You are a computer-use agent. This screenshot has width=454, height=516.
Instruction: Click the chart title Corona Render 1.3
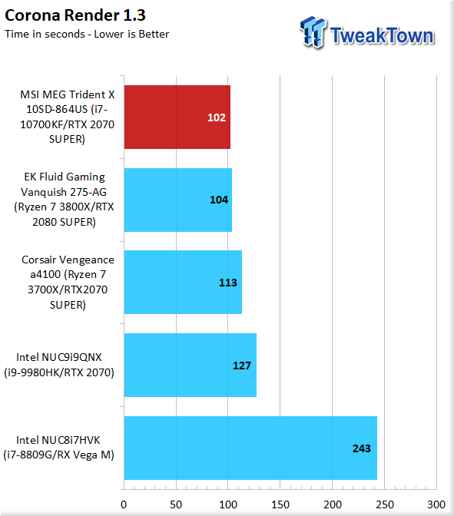pyautogui.click(x=75, y=15)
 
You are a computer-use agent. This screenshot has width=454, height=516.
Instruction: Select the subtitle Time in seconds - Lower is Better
pyautogui.click(x=87, y=34)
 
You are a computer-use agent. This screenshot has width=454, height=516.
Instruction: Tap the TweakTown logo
pyautogui.click(x=367, y=33)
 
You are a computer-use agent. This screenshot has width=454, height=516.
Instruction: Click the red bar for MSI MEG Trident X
pyautogui.click(x=177, y=117)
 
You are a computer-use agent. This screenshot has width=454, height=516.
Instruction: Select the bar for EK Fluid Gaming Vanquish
pyautogui.click(x=178, y=200)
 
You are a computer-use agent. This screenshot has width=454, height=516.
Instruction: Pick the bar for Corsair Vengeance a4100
pyautogui.click(x=183, y=283)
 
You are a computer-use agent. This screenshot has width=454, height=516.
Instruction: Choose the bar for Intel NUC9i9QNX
pyautogui.click(x=191, y=365)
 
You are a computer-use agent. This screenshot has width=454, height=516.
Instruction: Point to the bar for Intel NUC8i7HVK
pyautogui.click(x=250, y=448)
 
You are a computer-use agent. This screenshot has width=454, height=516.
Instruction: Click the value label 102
pyautogui.click(x=217, y=117)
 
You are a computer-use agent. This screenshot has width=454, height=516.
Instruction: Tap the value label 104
pyautogui.click(x=219, y=200)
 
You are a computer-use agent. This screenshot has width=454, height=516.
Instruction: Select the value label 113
pyautogui.click(x=228, y=283)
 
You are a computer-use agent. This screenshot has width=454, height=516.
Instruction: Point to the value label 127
pyautogui.click(x=242, y=365)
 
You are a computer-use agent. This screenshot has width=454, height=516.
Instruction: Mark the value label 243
pyautogui.click(x=362, y=448)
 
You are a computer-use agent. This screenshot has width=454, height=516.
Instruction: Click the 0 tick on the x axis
pyautogui.click(x=124, y=504)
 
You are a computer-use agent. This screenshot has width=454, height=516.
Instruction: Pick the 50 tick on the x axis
pyautogui.click(x=176, y=504)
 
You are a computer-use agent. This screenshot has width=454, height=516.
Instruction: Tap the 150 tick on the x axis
pyautogui.click(x=280, y=504)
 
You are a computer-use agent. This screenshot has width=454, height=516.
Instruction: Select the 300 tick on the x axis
pyautogui.click(x=436, y=504)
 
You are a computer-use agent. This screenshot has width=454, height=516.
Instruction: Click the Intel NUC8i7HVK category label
pyautogui.click(x=58, y=448)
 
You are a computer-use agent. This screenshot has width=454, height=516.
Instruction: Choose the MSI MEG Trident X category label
pyautogui.click(x=67, y=117)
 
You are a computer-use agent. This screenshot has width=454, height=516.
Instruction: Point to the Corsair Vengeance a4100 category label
pyautogui.click(x=68, y=282)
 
